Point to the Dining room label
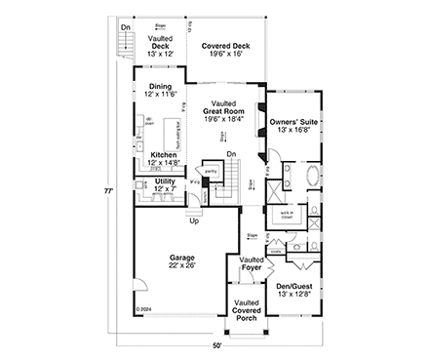[161, 91]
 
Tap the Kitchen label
[163, 159]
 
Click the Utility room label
[163, 184]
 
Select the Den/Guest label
[293, 288]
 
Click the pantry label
[210, 171]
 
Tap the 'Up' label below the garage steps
[194, 220]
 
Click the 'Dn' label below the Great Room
[230, 154]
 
